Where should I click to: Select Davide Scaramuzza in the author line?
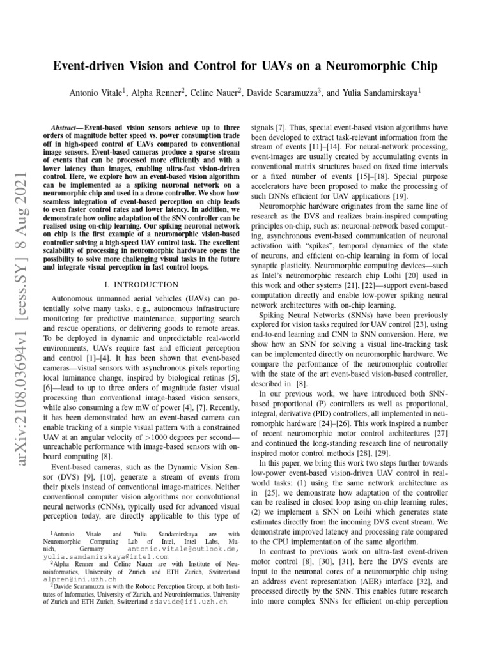[284, 92]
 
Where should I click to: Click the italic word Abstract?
[66, 128]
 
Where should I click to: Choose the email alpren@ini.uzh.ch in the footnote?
[73, 579]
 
